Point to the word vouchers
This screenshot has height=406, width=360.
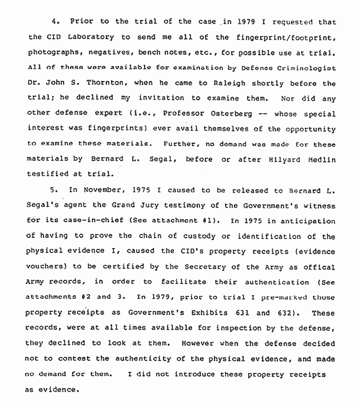tap(46, 267)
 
